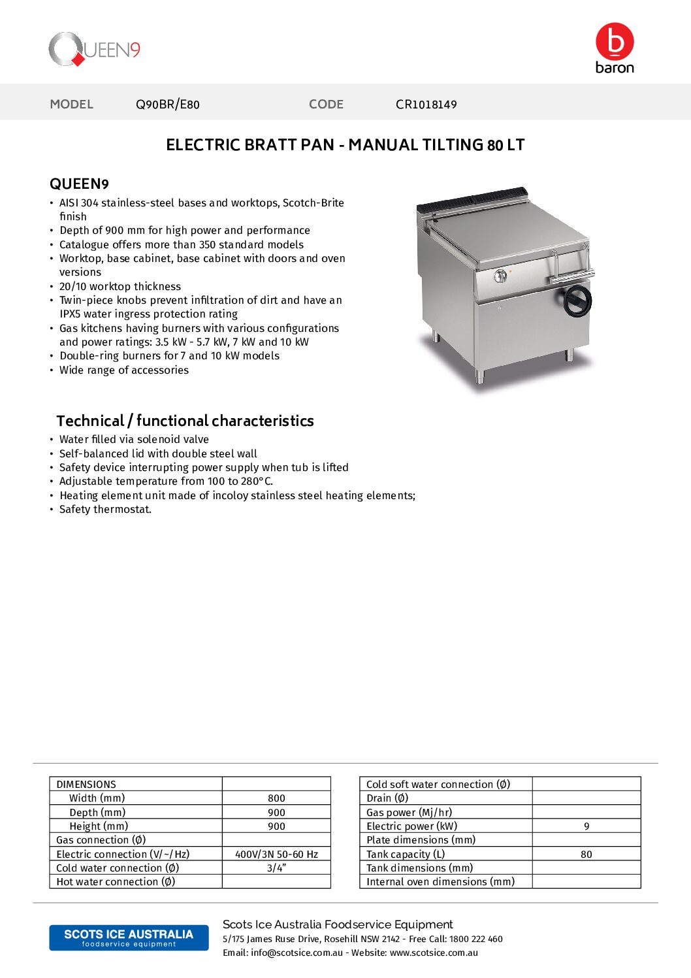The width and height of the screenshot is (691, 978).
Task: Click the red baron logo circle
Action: pos(615,41)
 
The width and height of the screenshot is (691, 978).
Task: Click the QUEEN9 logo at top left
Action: pos(95,50)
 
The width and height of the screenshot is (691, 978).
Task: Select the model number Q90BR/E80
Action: pos(167,105)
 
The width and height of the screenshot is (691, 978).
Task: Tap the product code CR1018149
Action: pos(426,105)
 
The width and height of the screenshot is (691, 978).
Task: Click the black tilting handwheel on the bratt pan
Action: pos(577,301)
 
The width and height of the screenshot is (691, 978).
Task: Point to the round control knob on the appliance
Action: pos(500,276)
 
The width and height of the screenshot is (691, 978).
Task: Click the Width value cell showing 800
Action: pos(276,798)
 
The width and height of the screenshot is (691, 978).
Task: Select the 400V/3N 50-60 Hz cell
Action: pos(276,854)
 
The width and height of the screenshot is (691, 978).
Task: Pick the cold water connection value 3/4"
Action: pos(276,868)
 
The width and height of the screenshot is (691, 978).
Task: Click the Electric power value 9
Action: pos(587,826)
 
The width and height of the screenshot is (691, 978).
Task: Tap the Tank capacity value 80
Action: pos(587,854)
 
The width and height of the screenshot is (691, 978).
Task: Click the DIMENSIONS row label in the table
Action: pos(86,784)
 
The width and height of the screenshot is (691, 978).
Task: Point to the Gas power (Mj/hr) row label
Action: pos(409,812)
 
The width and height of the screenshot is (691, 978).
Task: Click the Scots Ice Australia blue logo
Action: pos(129,937)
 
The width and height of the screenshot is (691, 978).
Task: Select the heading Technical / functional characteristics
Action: pos(185,421)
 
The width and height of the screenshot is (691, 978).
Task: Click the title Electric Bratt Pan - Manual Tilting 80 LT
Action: pos(345,145)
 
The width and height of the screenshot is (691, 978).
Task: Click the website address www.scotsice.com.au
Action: pos(434,953)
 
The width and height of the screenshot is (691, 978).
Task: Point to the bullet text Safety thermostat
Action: pos(105,510)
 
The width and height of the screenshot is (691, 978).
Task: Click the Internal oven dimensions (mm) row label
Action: pos(440,882)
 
